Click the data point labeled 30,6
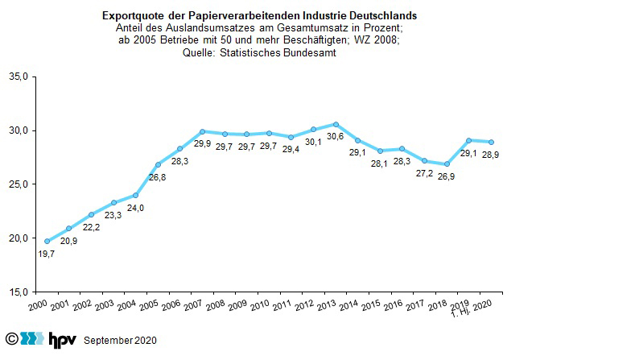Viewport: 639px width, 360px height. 336,124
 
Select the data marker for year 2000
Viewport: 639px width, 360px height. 47,241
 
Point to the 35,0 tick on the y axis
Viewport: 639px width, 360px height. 19,77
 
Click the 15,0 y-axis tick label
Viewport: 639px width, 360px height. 19,292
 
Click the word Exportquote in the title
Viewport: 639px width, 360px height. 131,16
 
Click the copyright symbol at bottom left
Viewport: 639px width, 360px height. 10,339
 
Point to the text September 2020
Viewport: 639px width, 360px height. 121,341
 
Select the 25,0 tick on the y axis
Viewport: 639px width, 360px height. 19,184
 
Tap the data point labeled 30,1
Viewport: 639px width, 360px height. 313,129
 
